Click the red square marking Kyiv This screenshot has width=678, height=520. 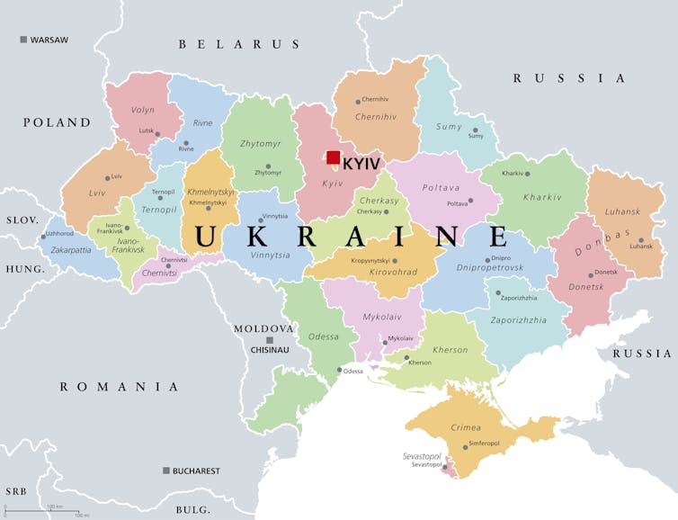coord(333,157)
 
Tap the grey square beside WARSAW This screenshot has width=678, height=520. coord(23,40)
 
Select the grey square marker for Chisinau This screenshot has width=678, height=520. coord(269,340)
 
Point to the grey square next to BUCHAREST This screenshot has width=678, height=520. coord(166,471)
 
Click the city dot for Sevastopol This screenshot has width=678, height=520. coord(444,467)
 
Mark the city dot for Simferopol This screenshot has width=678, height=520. coord(466,446)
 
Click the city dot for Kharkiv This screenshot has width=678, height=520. coord(528,174)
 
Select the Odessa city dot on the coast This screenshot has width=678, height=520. coord(339,370)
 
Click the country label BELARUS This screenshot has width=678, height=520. coord(238,44)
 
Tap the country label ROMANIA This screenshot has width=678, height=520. coord(120,387)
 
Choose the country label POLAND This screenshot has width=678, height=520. coord(57,122)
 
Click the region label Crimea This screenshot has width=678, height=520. coord(466,426)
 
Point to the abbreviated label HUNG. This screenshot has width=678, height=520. coord(24,269)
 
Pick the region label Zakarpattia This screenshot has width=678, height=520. coord(71,249)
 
